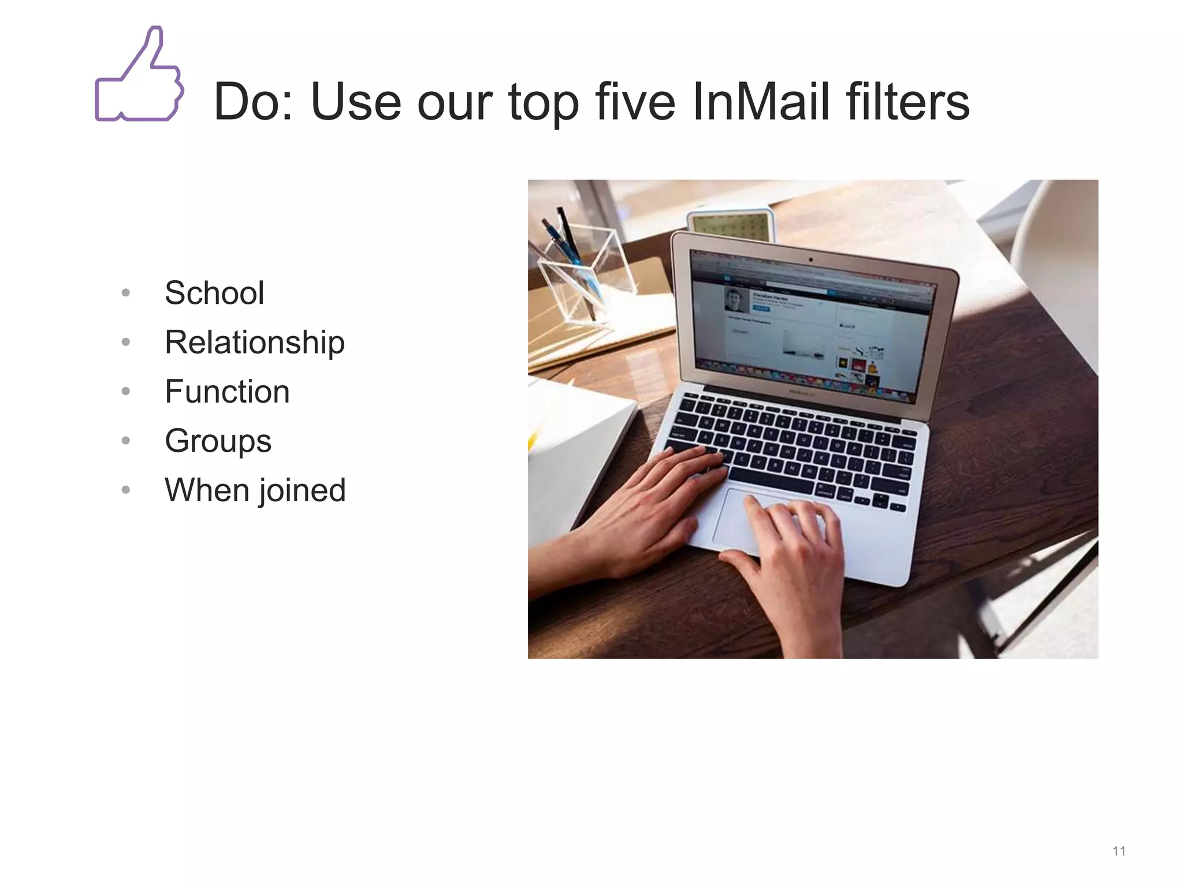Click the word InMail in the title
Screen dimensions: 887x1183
point(760,102)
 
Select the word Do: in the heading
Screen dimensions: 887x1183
point(254,102)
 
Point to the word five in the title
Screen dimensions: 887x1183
point(635,102)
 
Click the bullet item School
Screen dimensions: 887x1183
point(214,293)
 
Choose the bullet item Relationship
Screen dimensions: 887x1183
point(255,342)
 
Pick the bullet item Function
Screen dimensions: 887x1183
point(227,392)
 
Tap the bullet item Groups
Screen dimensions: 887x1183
point(218,441)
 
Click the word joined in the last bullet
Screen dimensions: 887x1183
point(302,490)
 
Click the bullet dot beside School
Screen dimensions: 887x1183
point(126,293)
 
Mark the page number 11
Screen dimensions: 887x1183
point(1119,851)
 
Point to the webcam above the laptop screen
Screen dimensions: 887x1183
point(810,260)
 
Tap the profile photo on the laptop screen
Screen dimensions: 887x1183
point(735,300)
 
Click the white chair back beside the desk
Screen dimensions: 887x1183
point(1057,260)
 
